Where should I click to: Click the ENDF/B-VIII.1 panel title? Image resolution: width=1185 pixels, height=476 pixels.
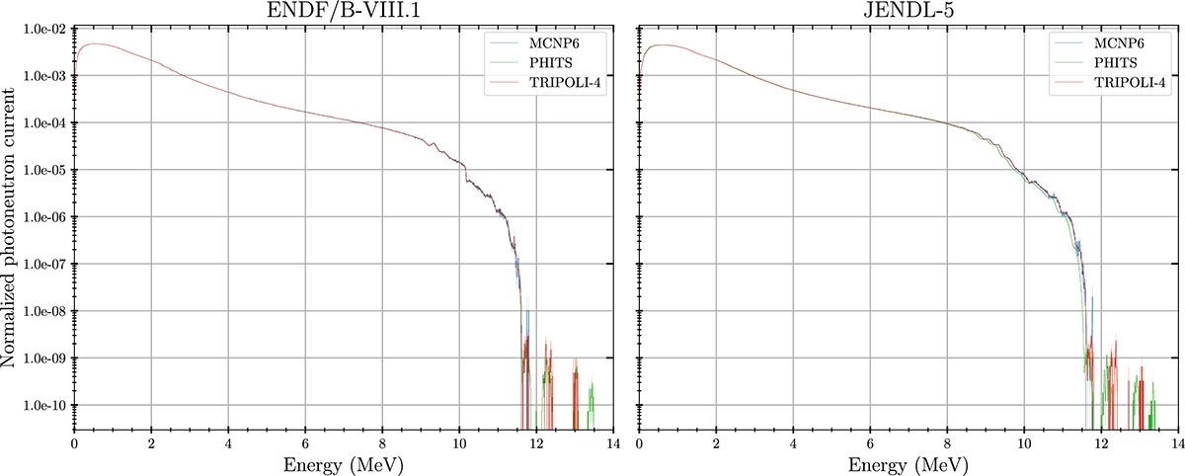[x=344, y=11]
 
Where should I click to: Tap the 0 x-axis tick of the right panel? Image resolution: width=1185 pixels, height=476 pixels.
[x=640, y=441]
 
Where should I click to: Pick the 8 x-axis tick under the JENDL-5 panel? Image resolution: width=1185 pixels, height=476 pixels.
[x=947, y=441]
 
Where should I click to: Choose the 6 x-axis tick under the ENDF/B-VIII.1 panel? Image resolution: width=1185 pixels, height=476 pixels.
[x=305, y=441]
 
